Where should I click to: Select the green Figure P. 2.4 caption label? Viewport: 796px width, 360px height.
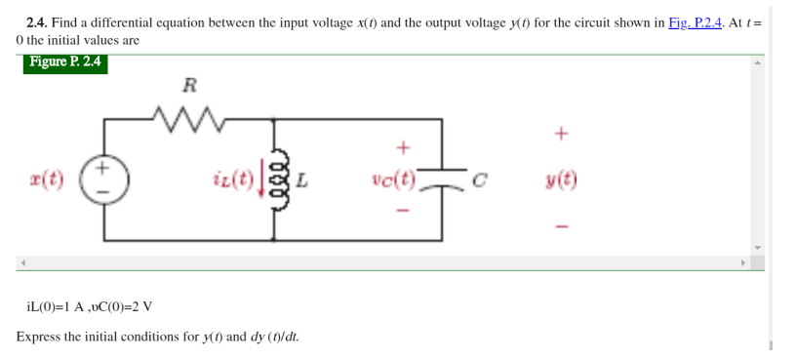pyautogui.click(x=65, y=63)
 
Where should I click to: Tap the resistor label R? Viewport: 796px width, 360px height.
pyautogui.click(x=191, y=85)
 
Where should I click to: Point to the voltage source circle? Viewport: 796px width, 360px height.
pyautogui.click(x=104, y=180)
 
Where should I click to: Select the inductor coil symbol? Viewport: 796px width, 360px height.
pyautogui.click(x=276, y=180)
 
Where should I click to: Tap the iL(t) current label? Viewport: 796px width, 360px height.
pyautogui.click(x=232, y=180)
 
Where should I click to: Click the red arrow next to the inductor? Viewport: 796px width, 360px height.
pyautogui.click(x=260, y=181)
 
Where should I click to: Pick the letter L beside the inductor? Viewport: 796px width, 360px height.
pyautogui.click(x=302, y=181)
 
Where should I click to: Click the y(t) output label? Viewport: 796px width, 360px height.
pyautogui.click(x=561, y=180)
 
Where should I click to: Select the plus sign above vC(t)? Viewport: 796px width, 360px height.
pyautogui.click(x=400, y=147)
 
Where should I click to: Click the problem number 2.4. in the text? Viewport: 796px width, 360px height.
pyautogui.click(x=37, y=22)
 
